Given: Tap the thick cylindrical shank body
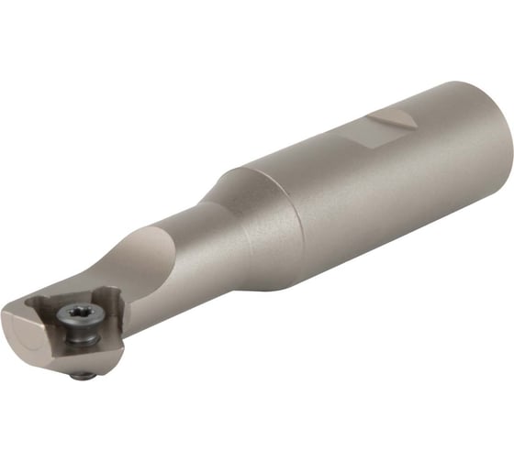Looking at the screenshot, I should (367, 202).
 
